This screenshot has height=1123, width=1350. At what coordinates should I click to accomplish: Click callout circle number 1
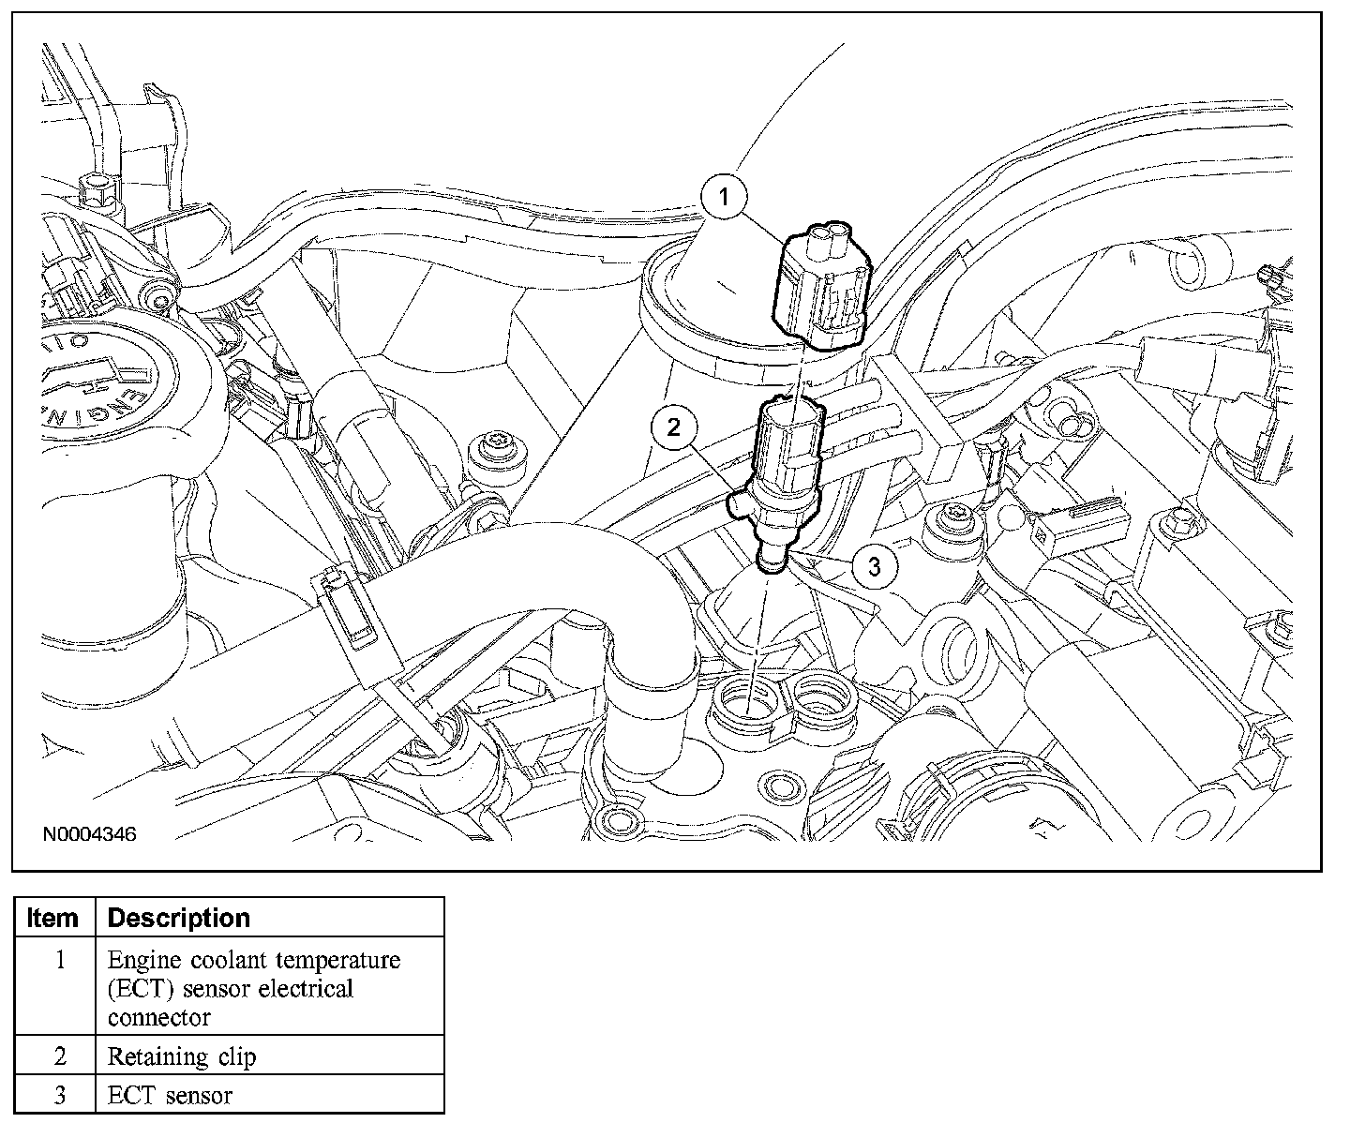(724, 197)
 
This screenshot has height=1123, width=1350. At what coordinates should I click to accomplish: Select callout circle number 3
(874, 565)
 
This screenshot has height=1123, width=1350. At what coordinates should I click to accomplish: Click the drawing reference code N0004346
(88, 833)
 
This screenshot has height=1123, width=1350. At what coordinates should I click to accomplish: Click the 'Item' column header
(53, 918)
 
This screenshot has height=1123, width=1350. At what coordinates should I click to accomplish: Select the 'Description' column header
(179, 918)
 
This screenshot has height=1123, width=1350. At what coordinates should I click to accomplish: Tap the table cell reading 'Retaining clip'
(182, 1057)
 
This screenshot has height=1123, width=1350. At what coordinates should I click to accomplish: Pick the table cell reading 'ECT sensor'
(170, 1095)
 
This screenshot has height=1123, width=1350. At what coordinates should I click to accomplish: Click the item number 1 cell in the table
(60, 961)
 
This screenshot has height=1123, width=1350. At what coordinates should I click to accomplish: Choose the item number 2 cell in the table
(60, 1057)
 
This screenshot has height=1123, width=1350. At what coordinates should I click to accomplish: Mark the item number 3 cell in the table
(60, 1095)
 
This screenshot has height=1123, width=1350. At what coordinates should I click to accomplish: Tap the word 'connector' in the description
(158, 1017)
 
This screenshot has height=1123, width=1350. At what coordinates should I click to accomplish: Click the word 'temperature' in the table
(332, 961)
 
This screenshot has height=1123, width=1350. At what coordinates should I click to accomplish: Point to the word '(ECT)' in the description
(139, 989)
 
